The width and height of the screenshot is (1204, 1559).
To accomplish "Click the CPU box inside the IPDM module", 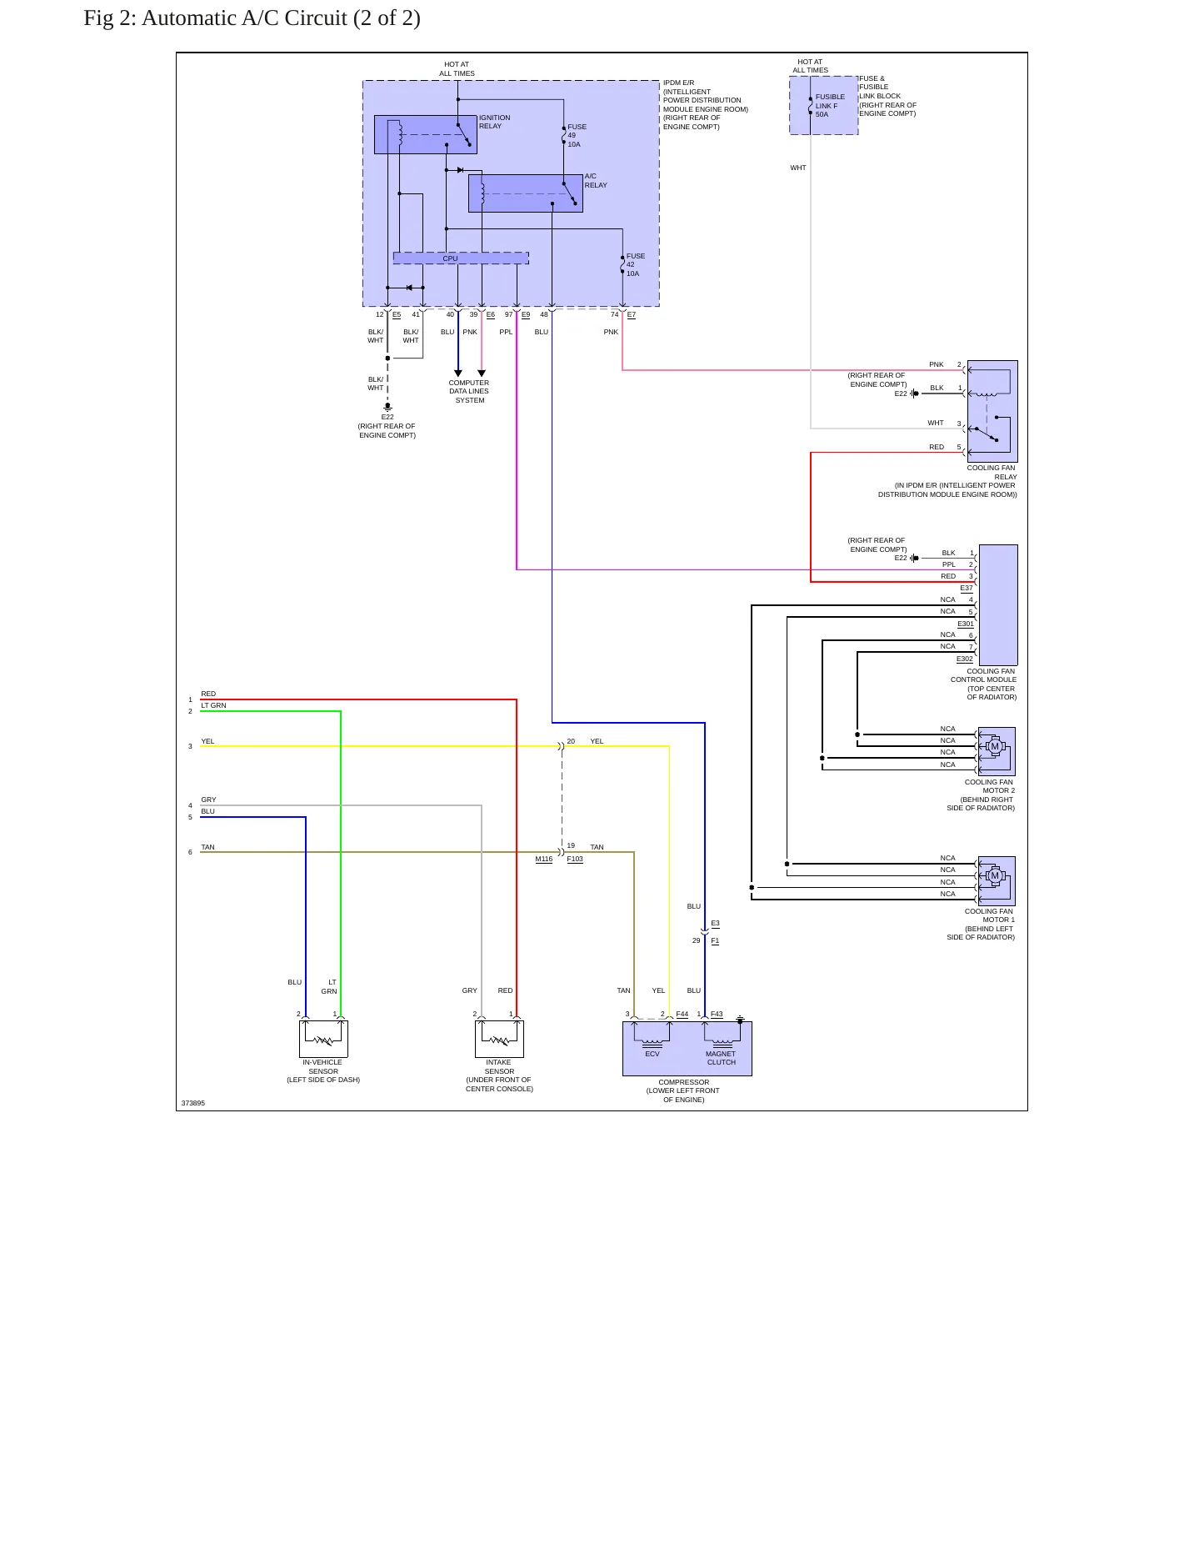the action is click(x=461, y=258).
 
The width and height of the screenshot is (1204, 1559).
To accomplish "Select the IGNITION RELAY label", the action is click(x=495, y=122).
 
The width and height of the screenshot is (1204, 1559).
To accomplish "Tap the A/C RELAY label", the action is click(x=596, y=181).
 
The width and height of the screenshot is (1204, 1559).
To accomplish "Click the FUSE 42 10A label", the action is click(x=636, y=265).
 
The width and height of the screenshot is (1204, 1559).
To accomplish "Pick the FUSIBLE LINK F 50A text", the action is click(x=830, y=106).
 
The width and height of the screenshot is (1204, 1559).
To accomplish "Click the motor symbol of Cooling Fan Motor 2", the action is click(x=994, y=746).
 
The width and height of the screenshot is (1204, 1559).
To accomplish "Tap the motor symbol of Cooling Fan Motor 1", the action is click(x=994, y=875).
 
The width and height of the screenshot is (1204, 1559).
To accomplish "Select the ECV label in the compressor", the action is click(x=652, y=1054).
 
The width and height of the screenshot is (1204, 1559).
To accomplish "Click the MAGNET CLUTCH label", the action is click(x=721, y=1058).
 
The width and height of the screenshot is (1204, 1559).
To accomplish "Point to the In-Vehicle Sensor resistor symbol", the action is click(x=323, y=1040).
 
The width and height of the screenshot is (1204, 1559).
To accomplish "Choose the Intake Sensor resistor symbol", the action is click(x=499, y=1040).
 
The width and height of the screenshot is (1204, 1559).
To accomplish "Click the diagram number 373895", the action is click(x=193, y=1103).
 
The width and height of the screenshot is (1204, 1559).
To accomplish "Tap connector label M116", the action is click(x=544, y=859).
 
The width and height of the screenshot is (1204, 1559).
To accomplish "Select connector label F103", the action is click(x=575, y=859).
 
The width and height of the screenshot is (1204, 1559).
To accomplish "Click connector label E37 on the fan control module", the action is click(x=967, y=588).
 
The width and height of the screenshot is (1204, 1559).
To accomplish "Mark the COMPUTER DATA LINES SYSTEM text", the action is click(x=469, y=392).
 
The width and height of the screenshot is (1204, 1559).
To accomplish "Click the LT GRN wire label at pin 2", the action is click(x=213, y=705).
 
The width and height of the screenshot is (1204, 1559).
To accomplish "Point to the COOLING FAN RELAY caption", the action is click(x=992, y=472).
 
